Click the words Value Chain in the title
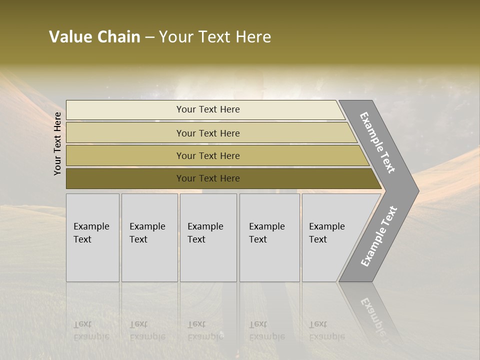(x=94, y=37)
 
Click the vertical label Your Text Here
(x=57, y=143)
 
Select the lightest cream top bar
(x=125, y=110)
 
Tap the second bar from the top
(x=125, y=133)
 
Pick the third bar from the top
(x=125, y=155)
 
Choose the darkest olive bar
(x=125, y=178)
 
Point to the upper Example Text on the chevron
(x=377, y=142)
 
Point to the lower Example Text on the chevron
(x=379, y=236)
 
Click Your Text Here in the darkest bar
(x=208, y=178)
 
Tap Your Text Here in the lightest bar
(x=208, y=109)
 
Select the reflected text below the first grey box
(x=91, y=330)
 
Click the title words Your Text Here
(x=215, y=37)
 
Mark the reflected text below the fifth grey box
(x=327, y=330)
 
